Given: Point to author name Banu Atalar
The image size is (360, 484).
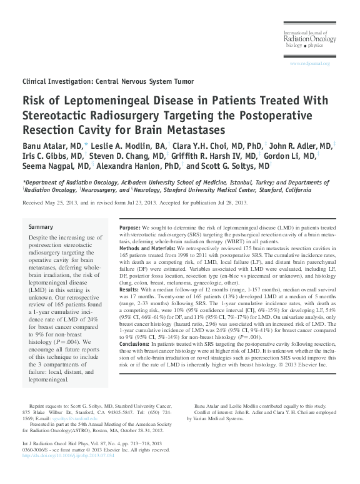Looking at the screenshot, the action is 44,145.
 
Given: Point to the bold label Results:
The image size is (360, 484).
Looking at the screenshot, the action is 127,290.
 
